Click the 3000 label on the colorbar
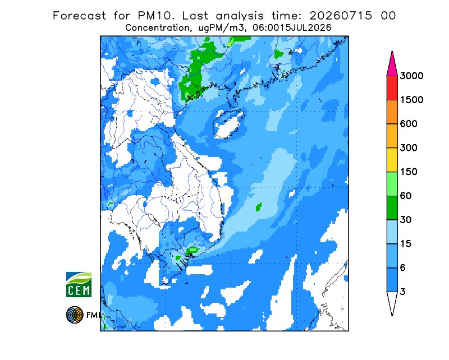coord(411,76)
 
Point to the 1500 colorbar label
coord(411,100)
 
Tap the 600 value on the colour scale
coord(409,124)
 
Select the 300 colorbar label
coord(409,148)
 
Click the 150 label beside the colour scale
coord(409,172)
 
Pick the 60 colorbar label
coord(406,196)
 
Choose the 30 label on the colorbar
coord(406,220)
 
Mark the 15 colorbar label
coord(406,244)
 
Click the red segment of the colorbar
coord(392,88)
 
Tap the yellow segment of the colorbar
coord(392,160)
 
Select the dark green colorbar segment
coord(392,208)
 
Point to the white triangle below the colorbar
coord(392,301)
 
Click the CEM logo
coord(79,284)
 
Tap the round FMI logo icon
coord(75,315)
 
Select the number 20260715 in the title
coord(341,16)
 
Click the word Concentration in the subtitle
coord(157,28)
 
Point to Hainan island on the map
coord(228,123)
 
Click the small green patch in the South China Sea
coord(259,206)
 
